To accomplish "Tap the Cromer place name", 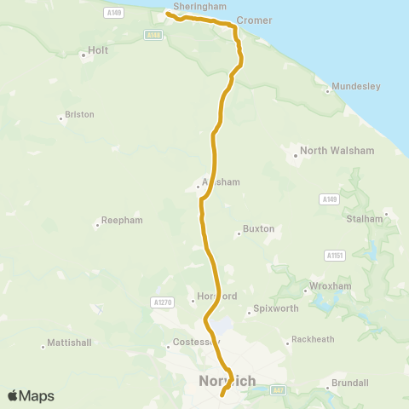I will pyautogui.click(x=254, y=19).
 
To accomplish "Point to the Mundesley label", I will pyautogui.click(x=356, y=86).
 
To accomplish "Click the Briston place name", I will pyautogui.click(x=79, y=114).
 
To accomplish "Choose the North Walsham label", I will pyautogui.click(x=326, y=151).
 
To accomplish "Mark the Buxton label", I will pyautogui.click(x=258, y=229).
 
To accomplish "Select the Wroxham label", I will pyautogui.click(x=330, y=286).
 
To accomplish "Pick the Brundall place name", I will pyautogui.click(x=349, y=383).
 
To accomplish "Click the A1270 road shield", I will pyautogui.click(x=161, y=302).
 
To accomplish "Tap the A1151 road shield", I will pyautogui.click(x=334, y=255).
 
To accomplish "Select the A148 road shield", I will pyautogui.click(x=153, y=35).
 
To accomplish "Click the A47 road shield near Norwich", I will pyautogui.click(x=278, y=390).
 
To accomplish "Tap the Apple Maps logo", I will pyautogui.click(x=31, y=395).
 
